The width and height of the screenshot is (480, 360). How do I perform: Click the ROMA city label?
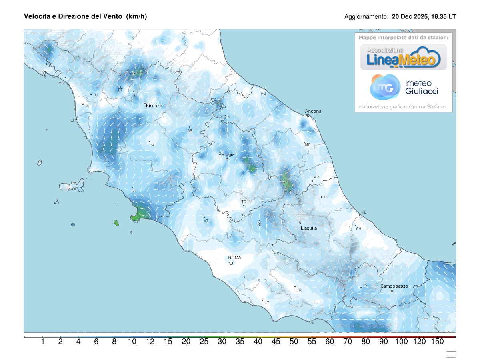pos(234,258)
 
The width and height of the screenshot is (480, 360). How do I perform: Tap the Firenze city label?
pos(154,106)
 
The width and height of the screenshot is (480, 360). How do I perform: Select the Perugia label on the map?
pos(226,154)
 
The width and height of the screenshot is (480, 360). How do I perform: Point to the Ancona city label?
pos(313,111)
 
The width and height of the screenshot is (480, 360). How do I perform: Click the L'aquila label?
pos(308,228)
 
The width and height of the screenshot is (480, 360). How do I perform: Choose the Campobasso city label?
pos(394,286)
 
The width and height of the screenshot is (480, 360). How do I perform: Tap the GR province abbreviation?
pos(134,191)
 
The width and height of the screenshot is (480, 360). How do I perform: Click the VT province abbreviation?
pos(206,221)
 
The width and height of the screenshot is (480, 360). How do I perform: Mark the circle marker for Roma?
pos(231,263)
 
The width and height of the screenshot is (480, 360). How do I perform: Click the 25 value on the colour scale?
pos(204,342)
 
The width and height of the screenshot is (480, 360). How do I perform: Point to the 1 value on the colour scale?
pos(42,342)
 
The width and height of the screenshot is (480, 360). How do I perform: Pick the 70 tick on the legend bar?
pos(348,342)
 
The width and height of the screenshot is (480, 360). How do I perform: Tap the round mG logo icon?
pos(385,87)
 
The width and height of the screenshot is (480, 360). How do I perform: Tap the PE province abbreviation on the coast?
pos(364,212)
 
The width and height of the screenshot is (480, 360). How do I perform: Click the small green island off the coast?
pos(116,223)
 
